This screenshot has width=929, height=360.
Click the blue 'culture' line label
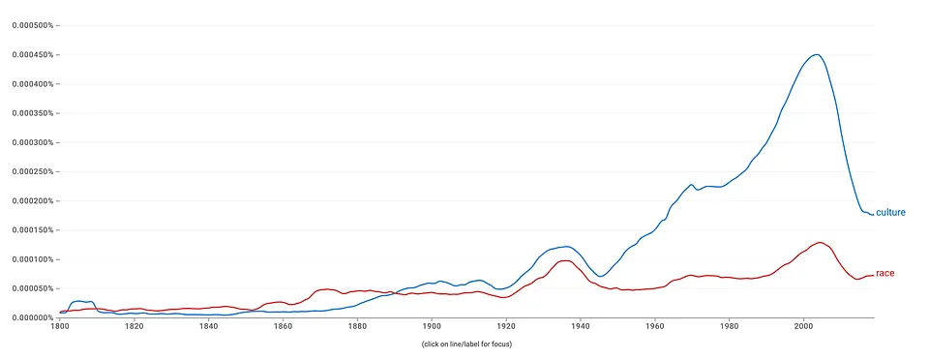tap(890, 213)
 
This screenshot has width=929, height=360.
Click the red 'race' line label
tap(884, 274)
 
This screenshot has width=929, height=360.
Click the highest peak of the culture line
tap(817, 54)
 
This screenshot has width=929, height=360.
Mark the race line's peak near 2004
tap(820, 242)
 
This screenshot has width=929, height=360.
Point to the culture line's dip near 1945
tap(600, 277)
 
